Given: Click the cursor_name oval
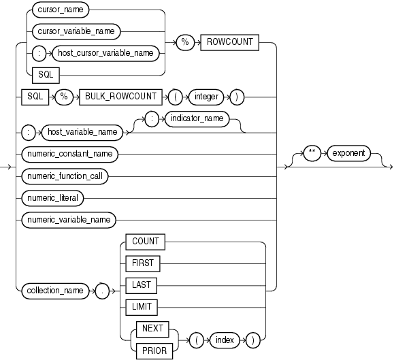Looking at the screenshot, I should tap(62, 12).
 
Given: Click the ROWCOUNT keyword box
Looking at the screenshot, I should tap(227, 42).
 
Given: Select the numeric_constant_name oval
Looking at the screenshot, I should tap(69, 154).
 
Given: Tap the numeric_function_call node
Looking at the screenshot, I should tap(66, 176).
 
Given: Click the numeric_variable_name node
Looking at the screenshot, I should tap(69, 220).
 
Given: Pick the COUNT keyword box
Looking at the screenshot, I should tap(146, 242).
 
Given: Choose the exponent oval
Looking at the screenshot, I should tap(348, 154).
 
